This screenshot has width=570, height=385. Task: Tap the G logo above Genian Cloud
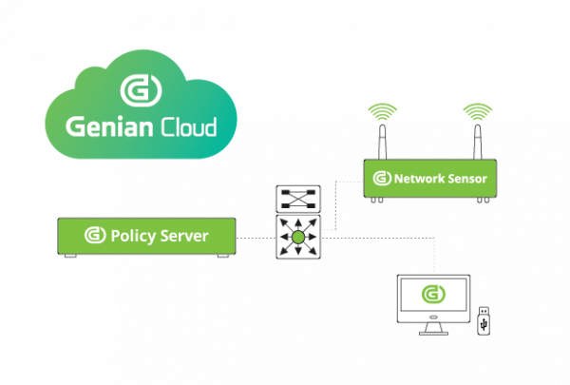(x=142, y=90)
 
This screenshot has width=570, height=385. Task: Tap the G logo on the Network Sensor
(x=382, y=178)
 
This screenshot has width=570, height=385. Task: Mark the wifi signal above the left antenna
(x=383, y=110)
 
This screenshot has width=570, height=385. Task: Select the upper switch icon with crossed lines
(x=297, y=200)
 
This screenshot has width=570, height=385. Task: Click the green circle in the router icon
(x=297, y=236)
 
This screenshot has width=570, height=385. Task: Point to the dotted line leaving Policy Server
(x=255, y=236)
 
